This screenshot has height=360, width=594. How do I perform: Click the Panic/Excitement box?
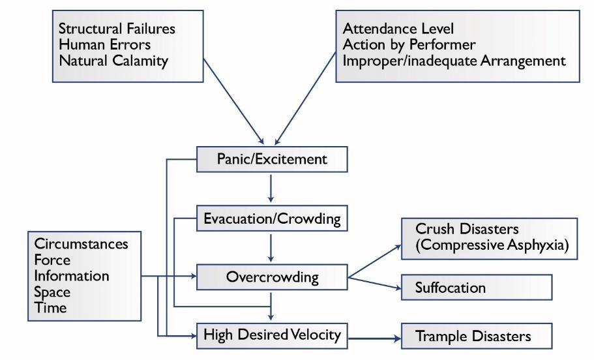pos(272,159)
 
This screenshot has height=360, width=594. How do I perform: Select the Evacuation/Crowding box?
pos(272,218)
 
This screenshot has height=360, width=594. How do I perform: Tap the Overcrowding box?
pos(272,277)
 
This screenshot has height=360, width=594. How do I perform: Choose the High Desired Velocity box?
pos(272,335)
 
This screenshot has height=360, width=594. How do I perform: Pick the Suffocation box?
pos(476,287)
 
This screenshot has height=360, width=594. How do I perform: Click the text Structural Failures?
pos(117,29)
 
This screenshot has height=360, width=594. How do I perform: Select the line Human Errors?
pos(104,45)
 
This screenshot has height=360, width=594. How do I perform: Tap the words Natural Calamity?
pos(113,61)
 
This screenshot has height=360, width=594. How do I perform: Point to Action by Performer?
pos(409,45)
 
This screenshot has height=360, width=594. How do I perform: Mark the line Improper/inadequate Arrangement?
pos(454,61)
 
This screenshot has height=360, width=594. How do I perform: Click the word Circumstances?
pos(81,244)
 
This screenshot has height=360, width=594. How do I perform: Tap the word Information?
pos(72,275)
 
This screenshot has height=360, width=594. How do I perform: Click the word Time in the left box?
pos(50,308)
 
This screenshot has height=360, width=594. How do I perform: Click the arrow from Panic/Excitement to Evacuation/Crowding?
pos(271,188)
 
